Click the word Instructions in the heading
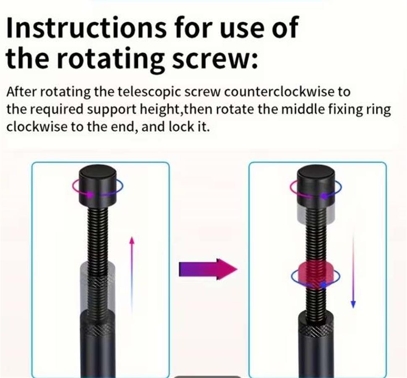86,27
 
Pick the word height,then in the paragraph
177,110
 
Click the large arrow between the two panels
208,269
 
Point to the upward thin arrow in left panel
132,274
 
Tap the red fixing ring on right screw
316,276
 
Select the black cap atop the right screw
316,185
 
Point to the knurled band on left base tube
97,331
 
